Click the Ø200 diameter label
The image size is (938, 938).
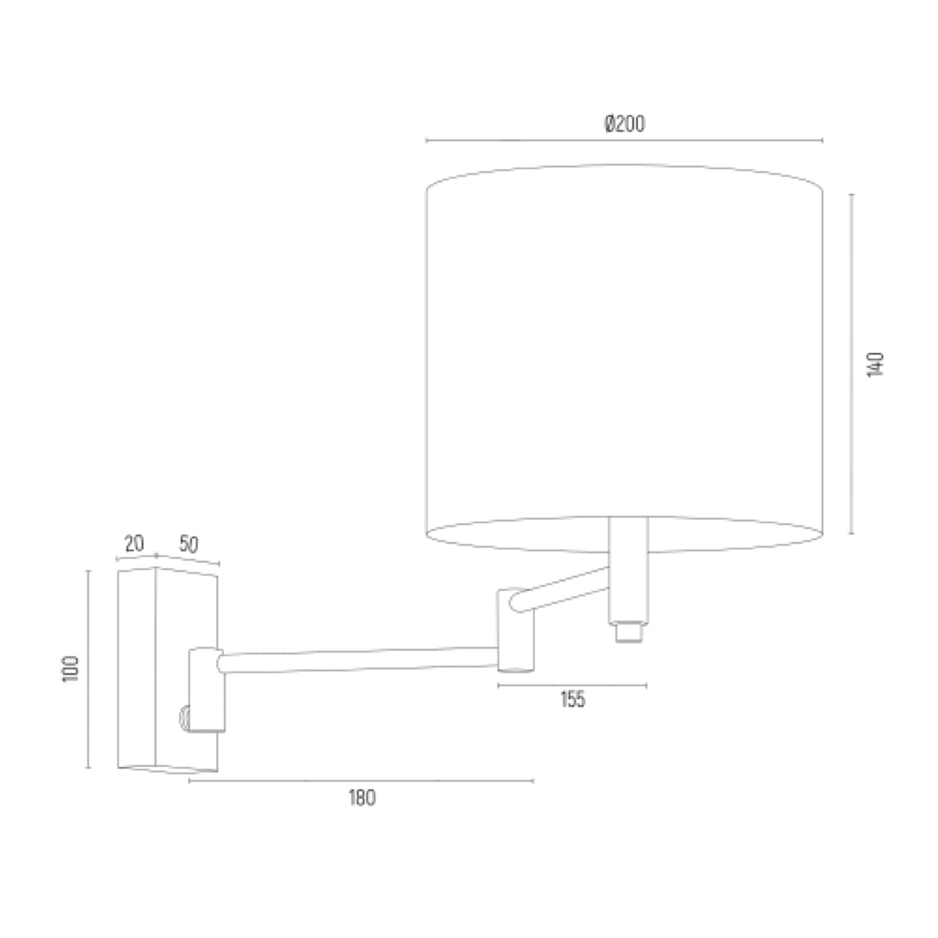click(625, 123)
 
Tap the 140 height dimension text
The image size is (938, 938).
click(875, 364)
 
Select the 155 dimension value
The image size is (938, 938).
click(572, 699)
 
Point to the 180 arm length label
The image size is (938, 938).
click(362, 798)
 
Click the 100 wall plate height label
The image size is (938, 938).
click(71, 669)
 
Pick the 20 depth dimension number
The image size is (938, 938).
click(134, 544)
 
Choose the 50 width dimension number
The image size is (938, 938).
click(188, 545)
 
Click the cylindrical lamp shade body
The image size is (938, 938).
click(625, 359)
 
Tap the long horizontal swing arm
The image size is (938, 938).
click(359, 660)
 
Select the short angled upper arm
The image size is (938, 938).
click(559, 589)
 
